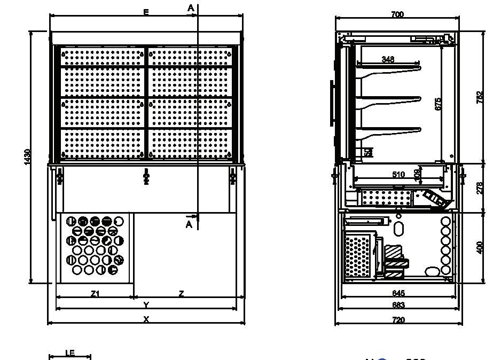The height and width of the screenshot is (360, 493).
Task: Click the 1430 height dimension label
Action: pyautogui.click(x=28, y=156)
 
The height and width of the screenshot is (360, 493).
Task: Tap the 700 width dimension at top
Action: pyautogui.click(x=397, y=14)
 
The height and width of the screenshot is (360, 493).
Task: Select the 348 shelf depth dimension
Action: pyautogui.click(x=388, y=59)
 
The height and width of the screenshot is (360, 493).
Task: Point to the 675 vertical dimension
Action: pyautogui.click(x=438, y=104)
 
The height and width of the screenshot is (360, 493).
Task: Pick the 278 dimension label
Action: pyautogui.click(x=479, y=188)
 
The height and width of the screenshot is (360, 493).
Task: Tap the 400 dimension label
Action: pyautogui.click(x=479, y=247)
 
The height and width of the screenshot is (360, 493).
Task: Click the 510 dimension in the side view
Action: pyautogui.click(x=398, y=174)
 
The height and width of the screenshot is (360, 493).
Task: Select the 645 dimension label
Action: pyautogui.click(x=398, y=293)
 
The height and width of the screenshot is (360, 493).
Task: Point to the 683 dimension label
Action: pyautogui.click(x=398, y=305)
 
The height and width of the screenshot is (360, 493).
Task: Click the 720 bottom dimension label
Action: pyautogui.click(x=398, y=320)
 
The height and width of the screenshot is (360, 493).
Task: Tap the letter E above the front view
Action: pyautogui.click(x=146, y=12)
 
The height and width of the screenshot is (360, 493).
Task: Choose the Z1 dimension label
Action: pyautogui.click(x=95, y=293)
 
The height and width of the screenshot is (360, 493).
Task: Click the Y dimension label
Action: pyautogui.click(x=146, y=305)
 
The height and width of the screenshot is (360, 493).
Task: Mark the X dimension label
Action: pyautogui.click(x=146, y=319)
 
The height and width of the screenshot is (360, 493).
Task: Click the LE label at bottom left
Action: pyautogui.click(x=69, y=353)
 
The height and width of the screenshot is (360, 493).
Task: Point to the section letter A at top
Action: pyautogui.click(x=191, y=7)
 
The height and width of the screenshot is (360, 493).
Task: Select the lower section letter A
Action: pyautogui.click(x=189, y=225)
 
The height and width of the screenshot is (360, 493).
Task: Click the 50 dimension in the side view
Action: pyautogui.click(x=368, y=152)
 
